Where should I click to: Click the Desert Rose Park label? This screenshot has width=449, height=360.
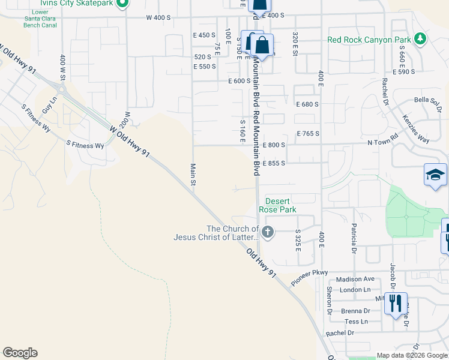[x=277, y=205]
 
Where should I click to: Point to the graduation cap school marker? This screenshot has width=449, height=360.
[x=435, y=175]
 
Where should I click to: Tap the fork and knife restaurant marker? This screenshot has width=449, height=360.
[x=396, y=303]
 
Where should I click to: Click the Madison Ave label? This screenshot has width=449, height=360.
[x=355, y=279]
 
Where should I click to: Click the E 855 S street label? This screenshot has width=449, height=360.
[x=273, y=163]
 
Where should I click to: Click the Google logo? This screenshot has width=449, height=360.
[x=20, y=353]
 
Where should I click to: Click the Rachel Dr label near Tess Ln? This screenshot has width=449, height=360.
[x=340, y=332]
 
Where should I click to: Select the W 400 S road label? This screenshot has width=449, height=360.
[x=158, y=17]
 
